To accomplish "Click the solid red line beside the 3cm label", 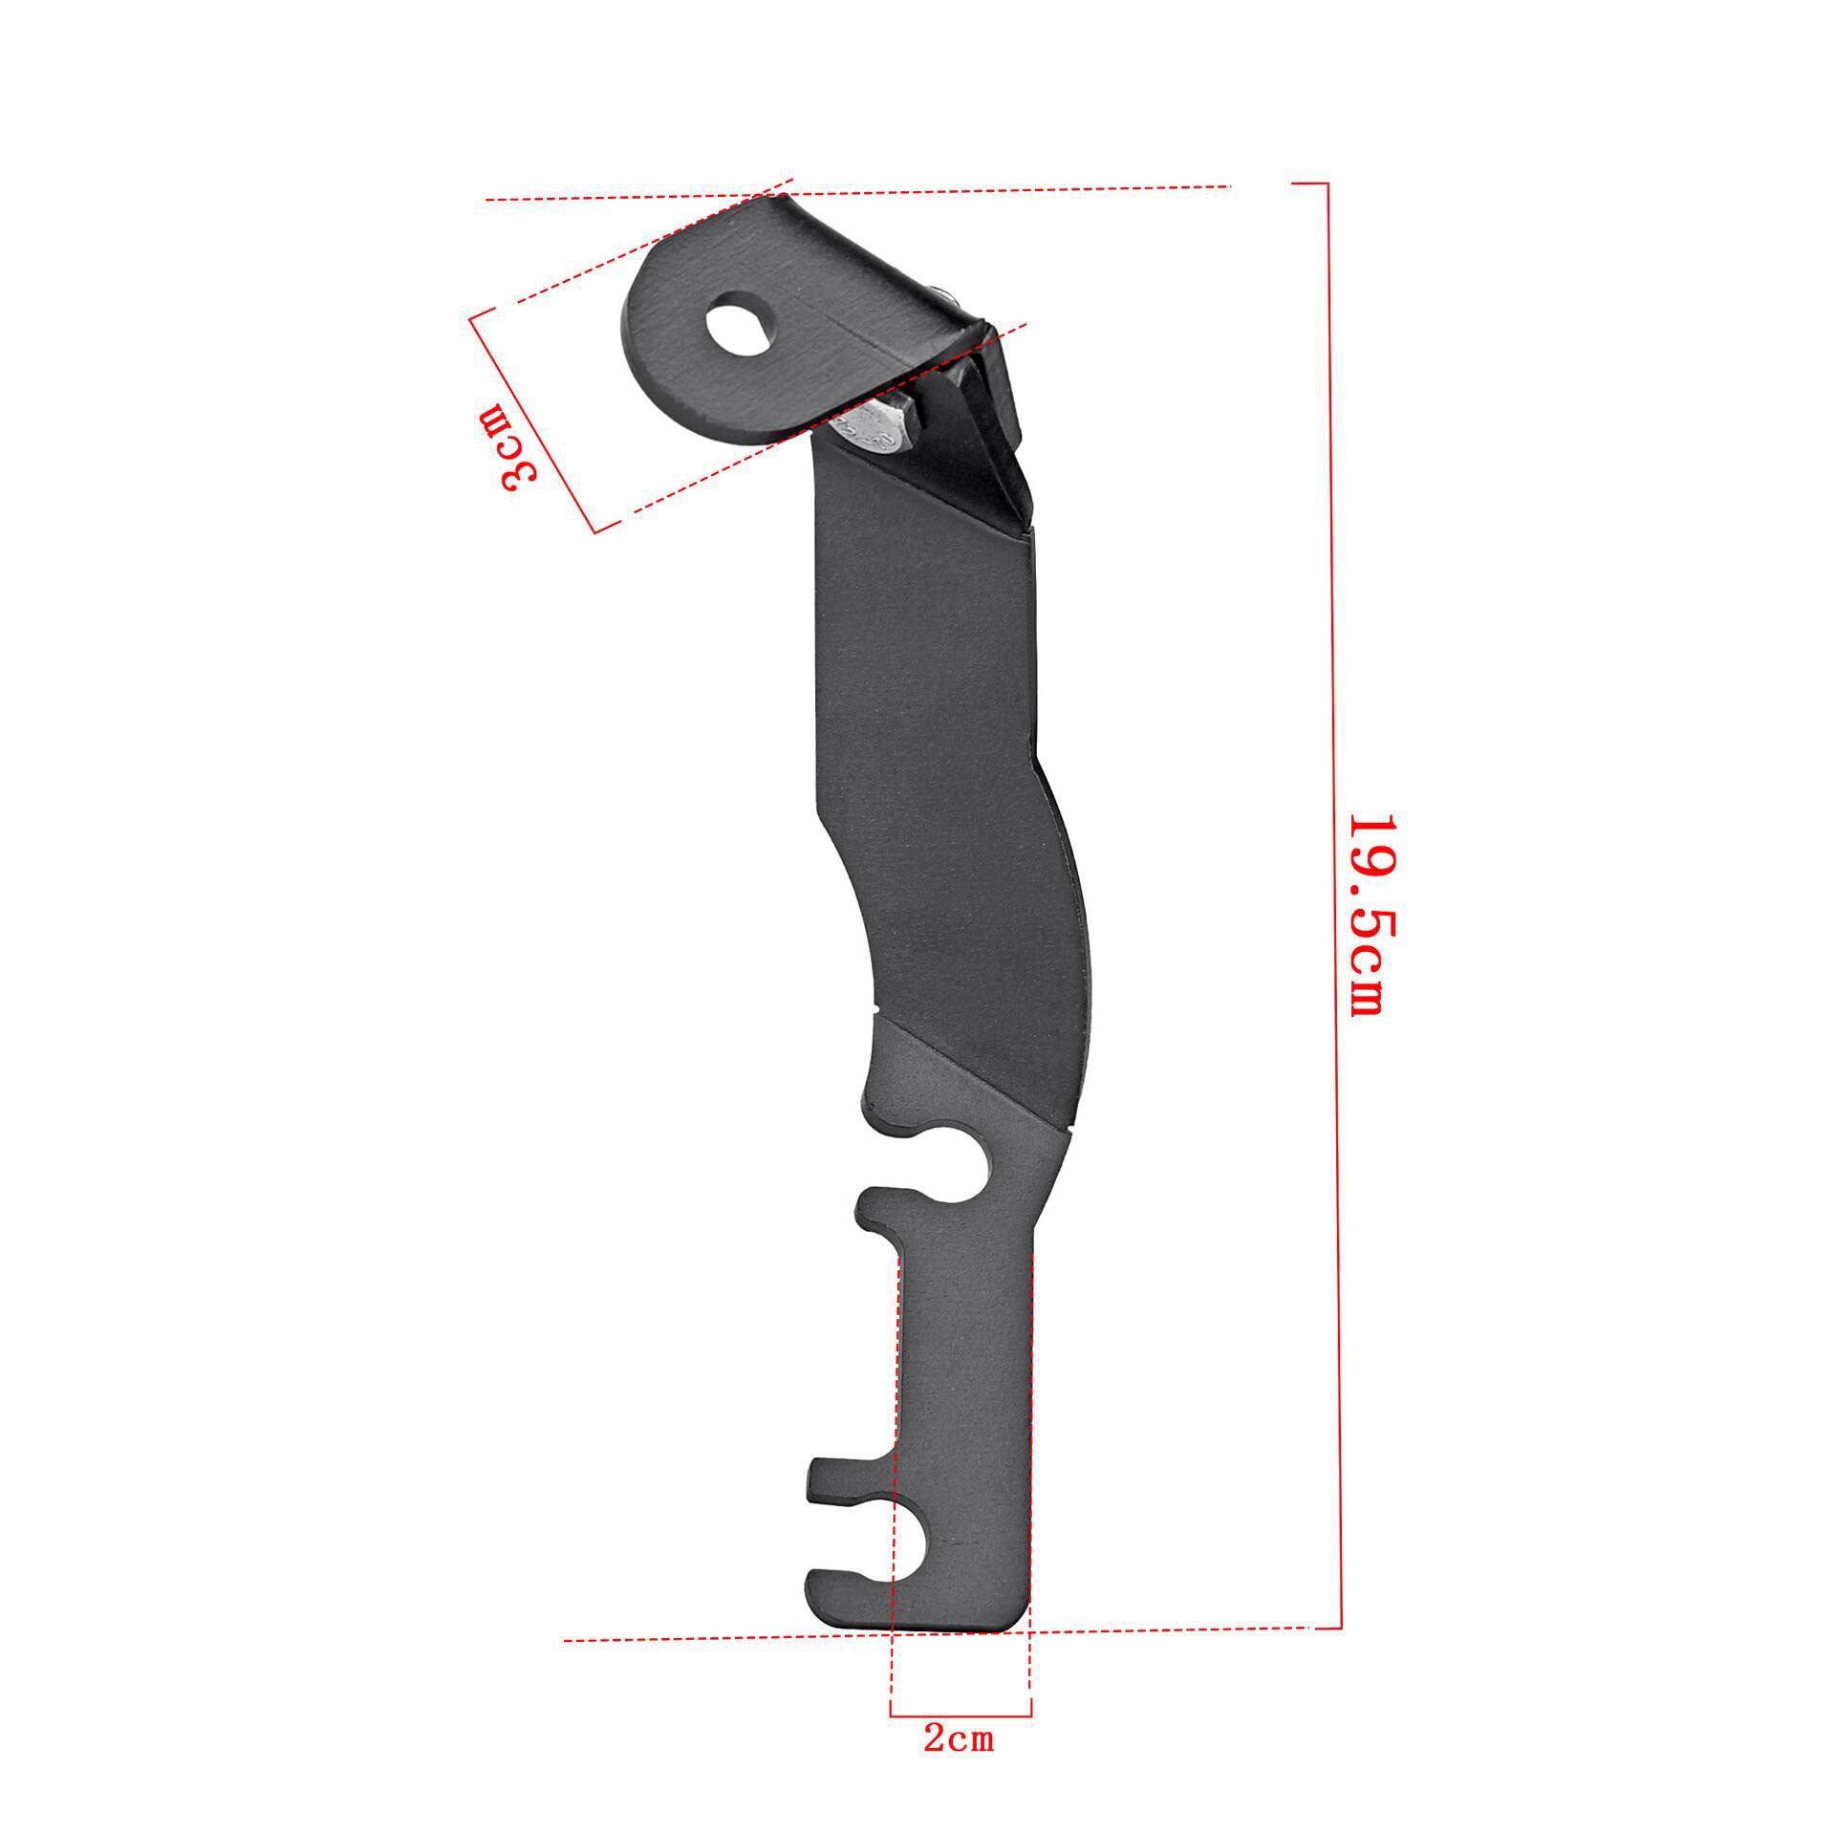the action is coord(532,421).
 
